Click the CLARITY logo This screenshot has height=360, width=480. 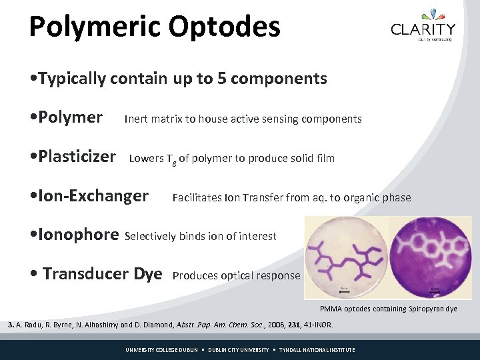423,26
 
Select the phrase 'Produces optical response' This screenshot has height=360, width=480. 236,275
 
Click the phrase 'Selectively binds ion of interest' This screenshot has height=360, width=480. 201,236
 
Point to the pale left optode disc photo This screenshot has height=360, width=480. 345,257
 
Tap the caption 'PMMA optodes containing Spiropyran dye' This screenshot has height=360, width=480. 389,309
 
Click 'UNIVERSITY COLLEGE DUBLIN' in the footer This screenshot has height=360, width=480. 162,350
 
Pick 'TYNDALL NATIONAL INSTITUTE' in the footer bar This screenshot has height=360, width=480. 317,350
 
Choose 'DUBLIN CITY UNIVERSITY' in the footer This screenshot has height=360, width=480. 239,350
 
